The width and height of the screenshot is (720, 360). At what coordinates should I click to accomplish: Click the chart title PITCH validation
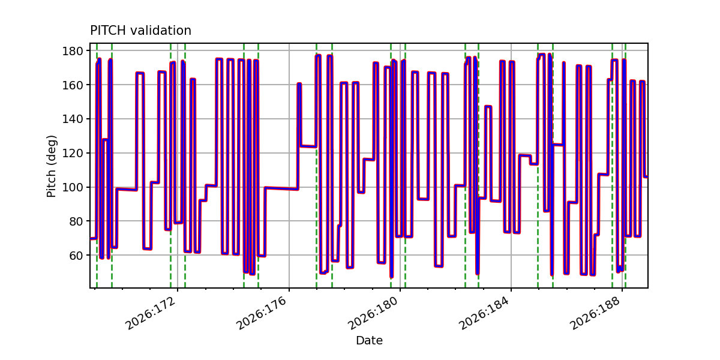140,31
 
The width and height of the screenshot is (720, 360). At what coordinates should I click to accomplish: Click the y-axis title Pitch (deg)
52,166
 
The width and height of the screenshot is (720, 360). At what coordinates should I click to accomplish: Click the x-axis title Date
369,340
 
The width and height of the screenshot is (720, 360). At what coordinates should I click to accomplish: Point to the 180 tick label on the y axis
73,51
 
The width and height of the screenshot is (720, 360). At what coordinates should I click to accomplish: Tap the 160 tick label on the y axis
73,85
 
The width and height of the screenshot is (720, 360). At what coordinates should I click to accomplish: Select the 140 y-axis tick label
73,119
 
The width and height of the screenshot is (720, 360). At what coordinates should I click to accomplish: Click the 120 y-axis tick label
73,153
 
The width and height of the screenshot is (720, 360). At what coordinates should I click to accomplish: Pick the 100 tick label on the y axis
73,187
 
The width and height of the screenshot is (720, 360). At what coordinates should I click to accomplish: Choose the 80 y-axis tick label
76,221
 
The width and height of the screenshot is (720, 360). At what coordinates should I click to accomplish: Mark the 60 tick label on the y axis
76,255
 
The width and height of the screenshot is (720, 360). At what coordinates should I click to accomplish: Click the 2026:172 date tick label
151,313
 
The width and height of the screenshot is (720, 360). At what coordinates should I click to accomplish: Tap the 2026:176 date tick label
262,313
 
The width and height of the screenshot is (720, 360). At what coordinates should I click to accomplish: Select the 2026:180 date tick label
373,313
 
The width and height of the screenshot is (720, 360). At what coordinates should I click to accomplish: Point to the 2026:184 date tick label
484,313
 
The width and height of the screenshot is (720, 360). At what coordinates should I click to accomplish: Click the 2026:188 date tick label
595,313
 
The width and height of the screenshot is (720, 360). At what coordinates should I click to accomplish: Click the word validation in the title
161,31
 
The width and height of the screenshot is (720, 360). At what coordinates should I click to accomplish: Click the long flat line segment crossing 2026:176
281,188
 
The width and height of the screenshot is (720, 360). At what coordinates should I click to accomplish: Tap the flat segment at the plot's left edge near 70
93,238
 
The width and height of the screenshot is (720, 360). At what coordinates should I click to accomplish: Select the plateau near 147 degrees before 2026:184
488,107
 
